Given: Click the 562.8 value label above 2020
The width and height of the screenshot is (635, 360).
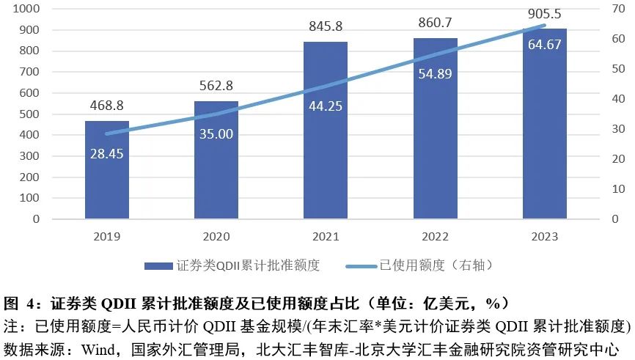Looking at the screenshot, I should pos(216,86).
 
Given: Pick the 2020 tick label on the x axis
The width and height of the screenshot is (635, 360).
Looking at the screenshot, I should pos(216,237).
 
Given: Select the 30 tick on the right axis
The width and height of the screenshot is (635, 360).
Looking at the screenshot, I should pos(619,129).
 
